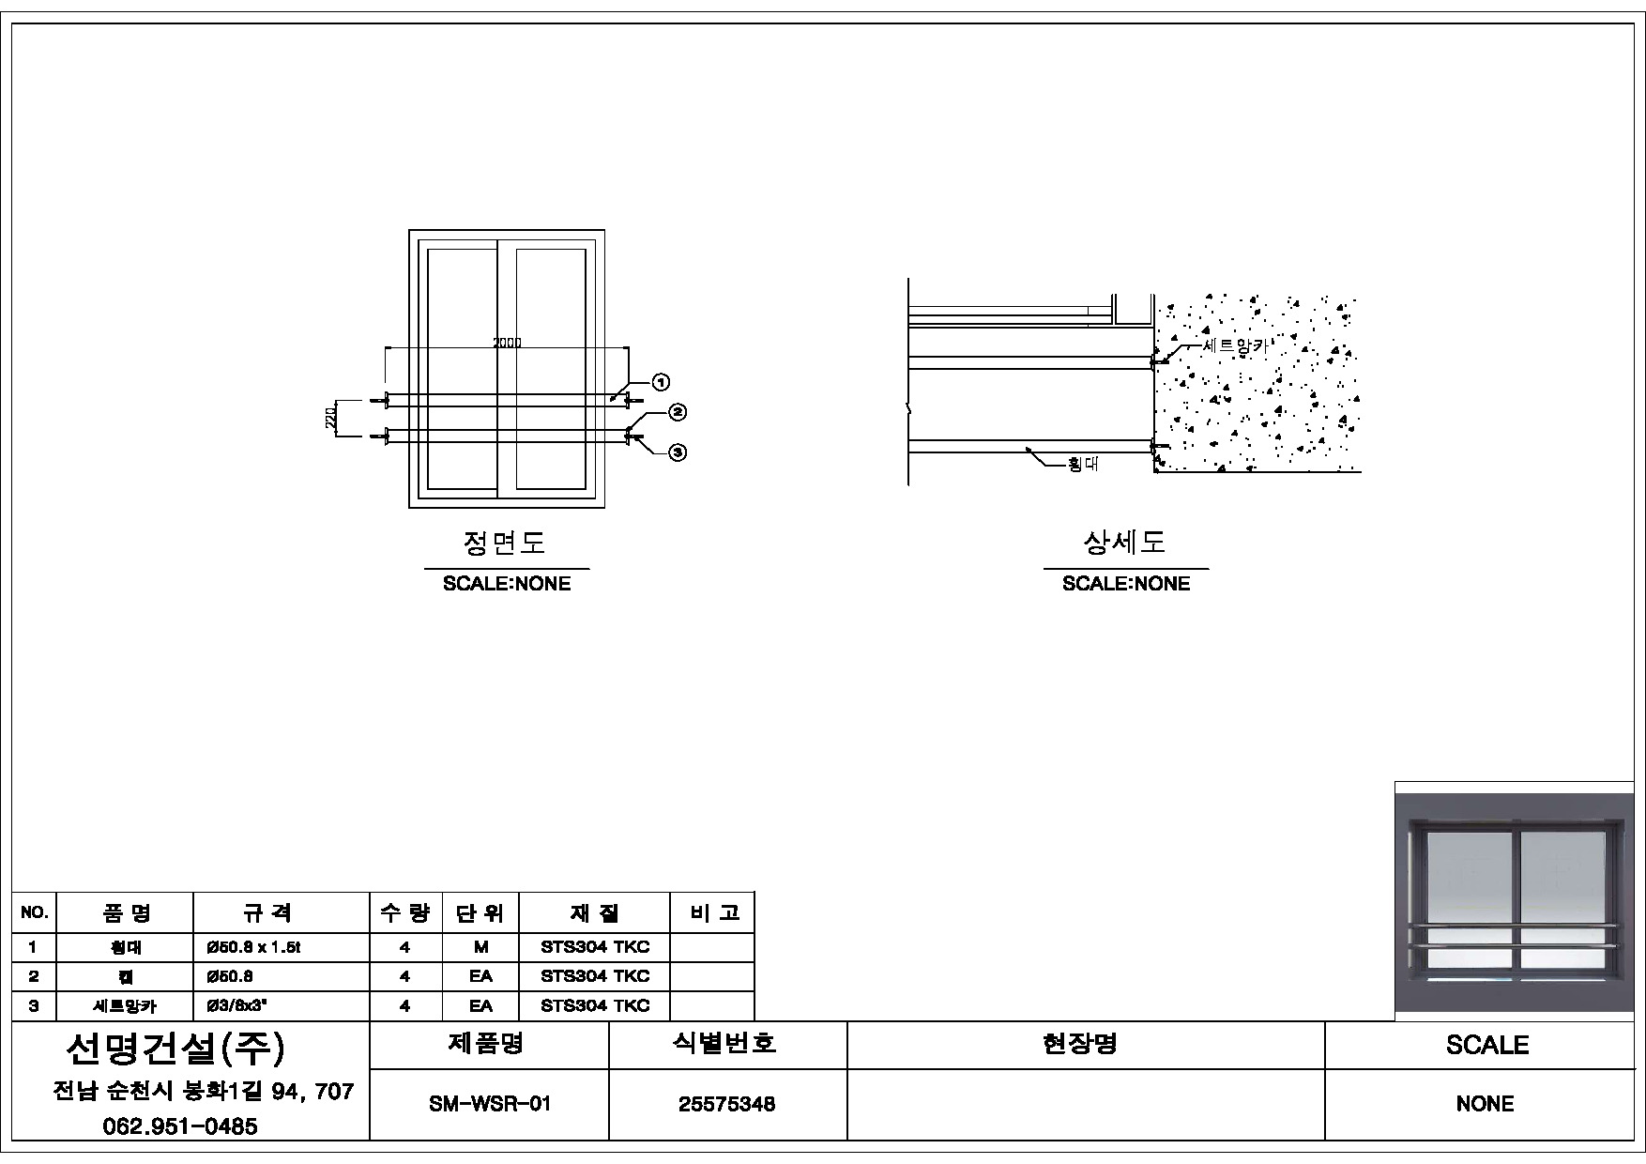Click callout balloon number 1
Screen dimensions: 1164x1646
pos(661,382)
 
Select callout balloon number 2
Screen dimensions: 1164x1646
pos(678,412)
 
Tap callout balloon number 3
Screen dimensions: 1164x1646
pos(678,452)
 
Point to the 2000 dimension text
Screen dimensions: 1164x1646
pos(507,343)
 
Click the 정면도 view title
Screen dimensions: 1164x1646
pos(505,543)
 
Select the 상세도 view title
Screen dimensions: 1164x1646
pos(1124,543)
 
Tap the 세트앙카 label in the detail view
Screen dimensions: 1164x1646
pos(1235,345)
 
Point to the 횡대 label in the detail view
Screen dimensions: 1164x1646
pos(1083,465)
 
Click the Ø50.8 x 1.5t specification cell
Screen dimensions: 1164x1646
pos(253,947)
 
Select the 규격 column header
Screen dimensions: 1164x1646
pos(267,912)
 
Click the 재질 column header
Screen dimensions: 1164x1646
pos(594,912)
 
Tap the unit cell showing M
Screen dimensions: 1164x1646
pos(480,947)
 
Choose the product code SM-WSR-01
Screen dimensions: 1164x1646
pos(489,1104)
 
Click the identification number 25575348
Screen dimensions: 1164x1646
pos(727,1104)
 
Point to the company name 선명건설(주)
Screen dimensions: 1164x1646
pos(175,1049)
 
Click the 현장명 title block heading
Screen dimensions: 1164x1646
pos(1080,1044)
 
